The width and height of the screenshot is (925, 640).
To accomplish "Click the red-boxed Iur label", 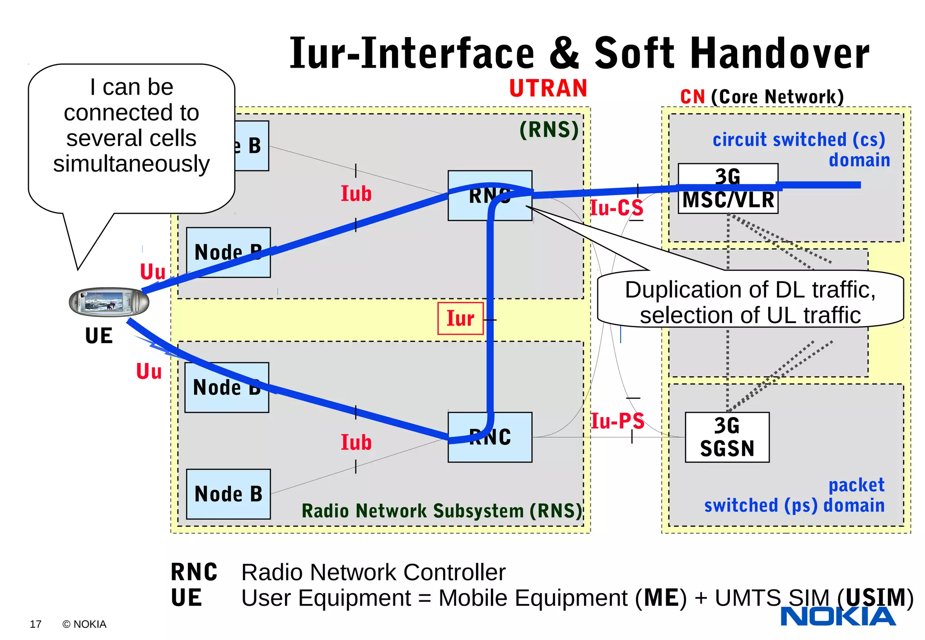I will tap(460, 319).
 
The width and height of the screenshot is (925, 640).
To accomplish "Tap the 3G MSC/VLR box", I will tap(728, 189).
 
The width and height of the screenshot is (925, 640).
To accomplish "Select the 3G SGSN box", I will tap(727, 437).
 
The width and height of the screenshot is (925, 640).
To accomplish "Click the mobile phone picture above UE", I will tap(109, 302).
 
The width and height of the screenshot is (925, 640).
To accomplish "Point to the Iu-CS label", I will tap(617, 208).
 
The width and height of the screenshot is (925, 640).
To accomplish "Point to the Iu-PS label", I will tap(617, 421).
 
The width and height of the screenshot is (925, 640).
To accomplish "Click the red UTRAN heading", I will tap(548, 88).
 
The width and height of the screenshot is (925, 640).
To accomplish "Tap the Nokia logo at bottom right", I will tap(838, 616).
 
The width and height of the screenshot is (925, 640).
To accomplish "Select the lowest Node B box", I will tap(228, 494).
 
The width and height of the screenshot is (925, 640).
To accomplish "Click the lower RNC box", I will tap(490, 437).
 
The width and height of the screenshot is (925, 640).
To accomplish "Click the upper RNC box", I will tap(490, 195).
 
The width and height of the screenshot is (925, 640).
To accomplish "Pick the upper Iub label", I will tap(356, 194).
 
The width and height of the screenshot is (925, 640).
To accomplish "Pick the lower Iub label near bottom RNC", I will tap(356, 442).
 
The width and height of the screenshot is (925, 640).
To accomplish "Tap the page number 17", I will tap(35, 624).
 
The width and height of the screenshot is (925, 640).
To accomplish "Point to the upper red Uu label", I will tap(153, 272).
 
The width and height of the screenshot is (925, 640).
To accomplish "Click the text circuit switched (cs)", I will tap(799, 140).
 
